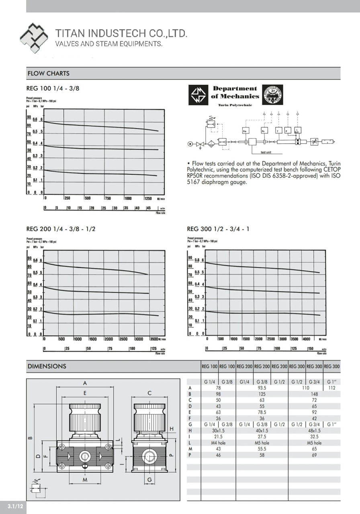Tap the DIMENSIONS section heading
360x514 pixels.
(47, 366)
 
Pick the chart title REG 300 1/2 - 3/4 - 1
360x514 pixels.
(218, 229)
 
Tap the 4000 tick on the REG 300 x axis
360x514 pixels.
(307, 339)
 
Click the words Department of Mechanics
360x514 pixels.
(235, 92)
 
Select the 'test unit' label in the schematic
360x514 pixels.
(266, 152)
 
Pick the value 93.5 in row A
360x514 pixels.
(262, 388)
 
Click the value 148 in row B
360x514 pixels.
(314, 394)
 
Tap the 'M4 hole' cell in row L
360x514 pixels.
(218, 443)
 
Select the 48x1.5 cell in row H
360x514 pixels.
(314, 430)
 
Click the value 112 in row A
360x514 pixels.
(332, 388)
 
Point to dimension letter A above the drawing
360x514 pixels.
(85, 383)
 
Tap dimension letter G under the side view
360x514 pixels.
(149, 480)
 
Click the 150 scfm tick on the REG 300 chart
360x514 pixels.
(310, 349)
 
